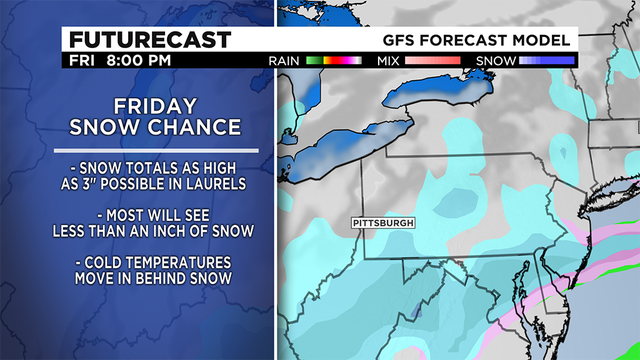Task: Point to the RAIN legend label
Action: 286,61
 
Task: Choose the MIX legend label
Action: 389,61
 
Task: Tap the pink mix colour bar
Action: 433,61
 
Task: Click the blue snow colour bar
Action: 545,61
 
